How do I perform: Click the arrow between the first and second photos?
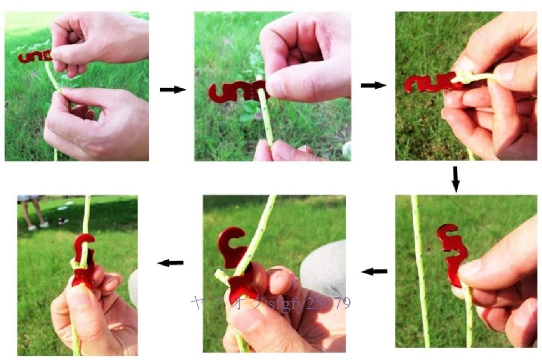[173, 90]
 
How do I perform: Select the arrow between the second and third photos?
[374, 85]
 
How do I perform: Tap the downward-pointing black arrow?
[455, 179]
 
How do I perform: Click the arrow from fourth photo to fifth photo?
[374, 272]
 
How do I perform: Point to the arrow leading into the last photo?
[170, 263]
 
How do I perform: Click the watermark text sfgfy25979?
[309, 304]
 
